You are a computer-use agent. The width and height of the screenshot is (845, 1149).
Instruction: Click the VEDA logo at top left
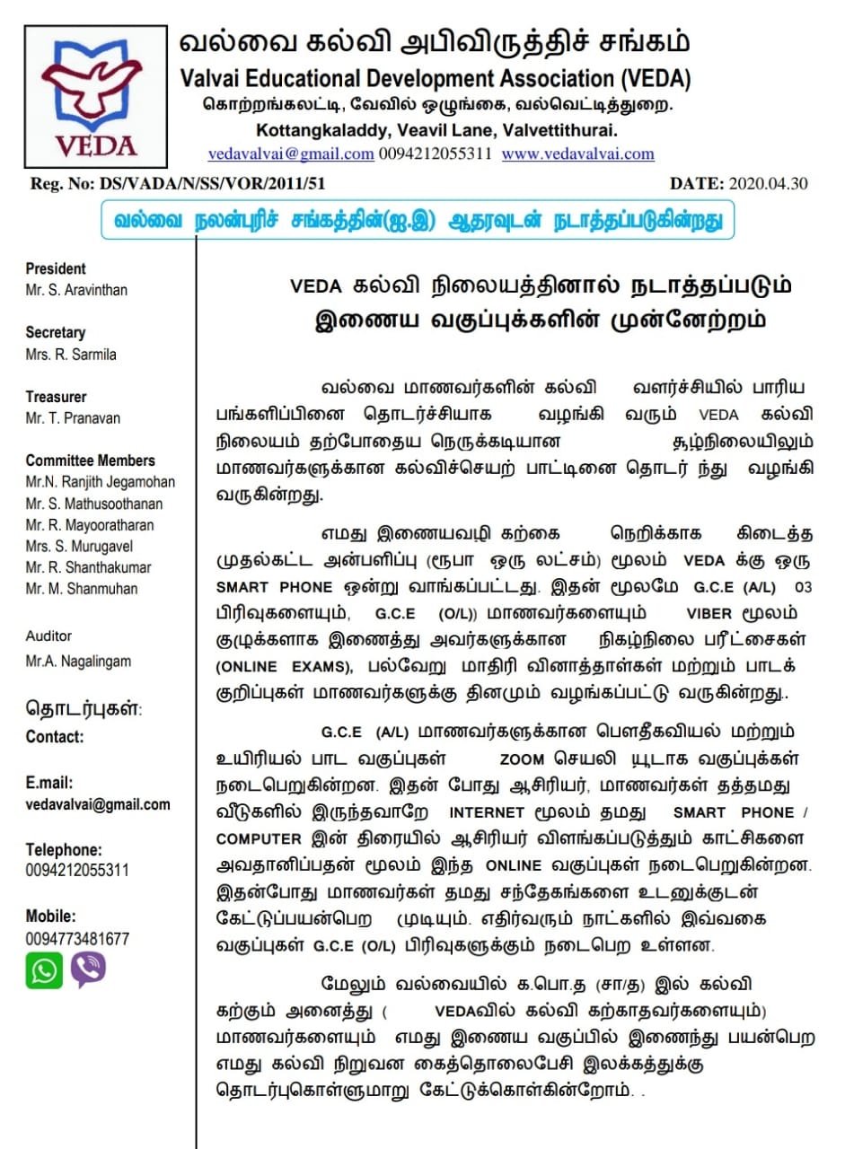[x=95, y=96]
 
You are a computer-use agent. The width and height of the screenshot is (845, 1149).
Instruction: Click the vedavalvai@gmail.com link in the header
[x=291, y=153]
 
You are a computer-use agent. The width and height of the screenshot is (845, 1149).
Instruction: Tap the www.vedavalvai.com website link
[x=577, y=153]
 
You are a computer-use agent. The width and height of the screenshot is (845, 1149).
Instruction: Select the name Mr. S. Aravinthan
[x=76, y=290]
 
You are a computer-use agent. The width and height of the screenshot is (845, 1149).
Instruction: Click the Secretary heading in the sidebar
[x=56, y=332]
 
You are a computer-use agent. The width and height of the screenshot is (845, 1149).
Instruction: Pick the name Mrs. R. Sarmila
[x=71, y=354]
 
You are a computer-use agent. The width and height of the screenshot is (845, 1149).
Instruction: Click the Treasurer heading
[x=57, y=396]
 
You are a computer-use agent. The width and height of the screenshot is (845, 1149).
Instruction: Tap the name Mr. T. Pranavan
[x=73, y=417]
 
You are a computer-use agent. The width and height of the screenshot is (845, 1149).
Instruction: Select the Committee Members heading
[x=91, y=460]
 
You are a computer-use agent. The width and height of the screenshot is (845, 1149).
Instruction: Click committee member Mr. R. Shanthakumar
[x=88, y=567]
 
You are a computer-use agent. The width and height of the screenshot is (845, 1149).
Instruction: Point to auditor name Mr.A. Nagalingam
[x=78, y=661]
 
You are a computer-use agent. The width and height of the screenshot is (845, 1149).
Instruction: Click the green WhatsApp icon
[x=44, y=970]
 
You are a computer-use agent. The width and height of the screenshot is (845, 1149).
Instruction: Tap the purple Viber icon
[x=88, y=969]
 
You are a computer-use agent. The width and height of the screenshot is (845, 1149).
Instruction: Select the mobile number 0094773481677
[x=77, y=939]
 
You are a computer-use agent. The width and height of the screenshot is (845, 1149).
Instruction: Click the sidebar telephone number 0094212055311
[x=77, y=870]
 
